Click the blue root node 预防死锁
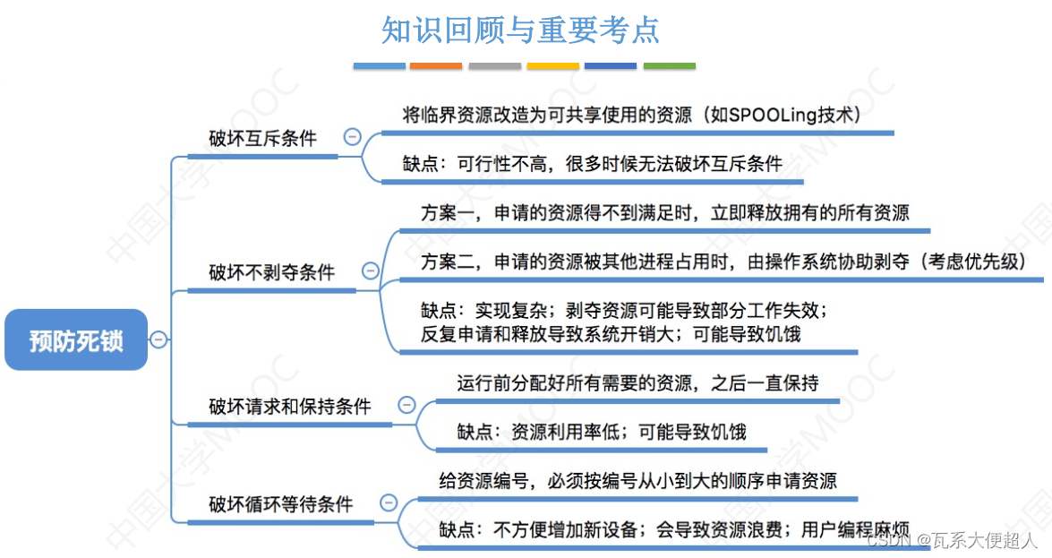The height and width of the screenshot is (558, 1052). coord(76,340)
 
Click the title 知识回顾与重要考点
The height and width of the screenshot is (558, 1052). coord(520,30)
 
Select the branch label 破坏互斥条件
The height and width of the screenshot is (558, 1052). coord(263,139)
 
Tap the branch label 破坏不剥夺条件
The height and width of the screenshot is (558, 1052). coord(271,271)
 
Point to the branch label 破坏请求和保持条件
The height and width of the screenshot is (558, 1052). coord(290,406)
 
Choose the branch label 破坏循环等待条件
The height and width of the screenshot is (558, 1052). coord(281,503)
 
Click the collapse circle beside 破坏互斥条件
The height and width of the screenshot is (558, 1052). coord(352,137)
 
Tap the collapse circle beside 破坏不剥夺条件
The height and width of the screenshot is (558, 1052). coord(370,270)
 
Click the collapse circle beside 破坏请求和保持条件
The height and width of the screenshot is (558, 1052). coord(406,405)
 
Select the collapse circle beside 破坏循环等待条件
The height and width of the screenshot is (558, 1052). coord(388,502)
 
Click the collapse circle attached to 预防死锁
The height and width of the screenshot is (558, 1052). coord(158,339)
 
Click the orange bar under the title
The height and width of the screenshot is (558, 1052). coord(436,65)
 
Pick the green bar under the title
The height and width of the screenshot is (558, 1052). coord(669,65)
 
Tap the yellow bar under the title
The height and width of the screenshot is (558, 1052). coord(552,65)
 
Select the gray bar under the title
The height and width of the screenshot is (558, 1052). coord(494,65)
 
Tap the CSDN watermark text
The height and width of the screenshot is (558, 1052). coord(889,541)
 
